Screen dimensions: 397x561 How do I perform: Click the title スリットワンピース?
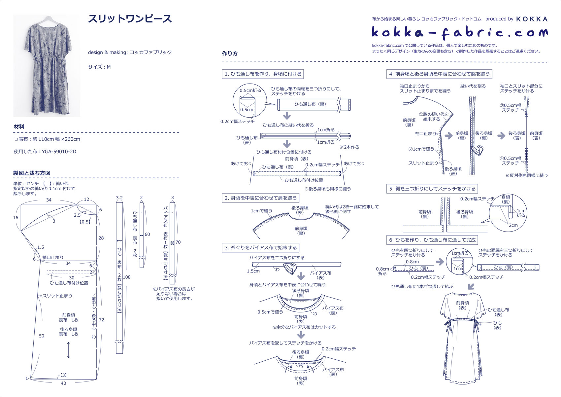click(130, 19)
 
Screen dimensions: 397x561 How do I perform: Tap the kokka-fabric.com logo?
click(459, 32)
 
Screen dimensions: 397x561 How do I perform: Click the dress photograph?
click(47, 65)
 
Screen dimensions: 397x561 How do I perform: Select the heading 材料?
click(19, 126)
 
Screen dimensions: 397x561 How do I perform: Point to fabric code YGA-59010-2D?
click(59, 152)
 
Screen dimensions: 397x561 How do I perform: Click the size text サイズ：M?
click(99, 67)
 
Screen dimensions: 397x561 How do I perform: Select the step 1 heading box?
click(263, 74)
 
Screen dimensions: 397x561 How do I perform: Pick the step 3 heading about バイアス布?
click(261, 247)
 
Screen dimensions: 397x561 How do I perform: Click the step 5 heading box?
click(432, 189)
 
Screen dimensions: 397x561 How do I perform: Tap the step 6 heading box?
click(432, 240)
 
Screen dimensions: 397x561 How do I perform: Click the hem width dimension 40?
click(63, 383)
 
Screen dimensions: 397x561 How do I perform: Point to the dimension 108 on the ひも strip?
click(126, 277)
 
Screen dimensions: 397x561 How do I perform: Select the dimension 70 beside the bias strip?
click(178, 242)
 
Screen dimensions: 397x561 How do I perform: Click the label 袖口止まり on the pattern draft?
click(53, 257)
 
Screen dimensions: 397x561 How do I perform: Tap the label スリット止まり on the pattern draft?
click(57, 296)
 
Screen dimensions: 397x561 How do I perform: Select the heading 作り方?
click(230, 54)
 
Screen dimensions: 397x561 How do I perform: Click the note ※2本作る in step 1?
click(349, 147)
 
